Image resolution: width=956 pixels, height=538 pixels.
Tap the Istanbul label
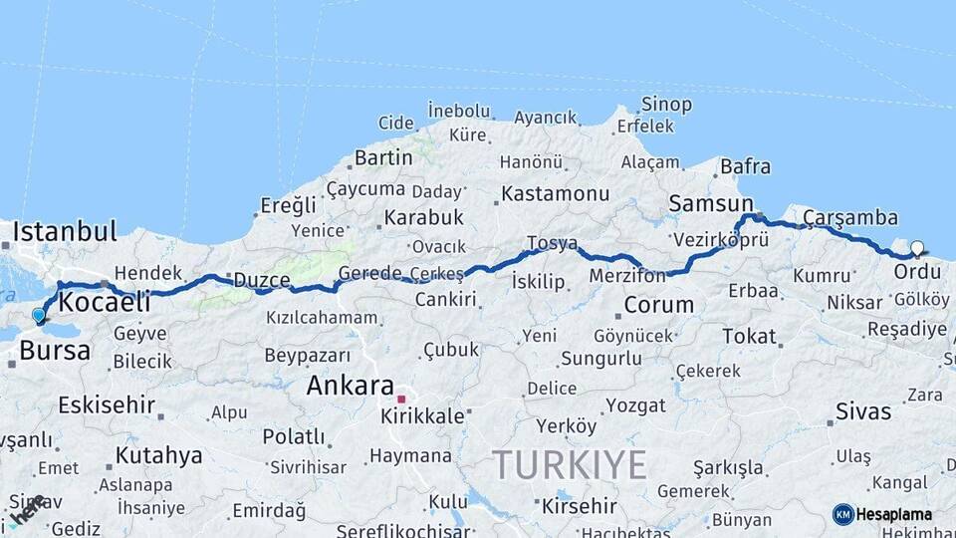(65, 232)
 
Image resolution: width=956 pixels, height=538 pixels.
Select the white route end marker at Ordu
(917, 249)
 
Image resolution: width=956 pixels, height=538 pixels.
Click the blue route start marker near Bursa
(38, 316)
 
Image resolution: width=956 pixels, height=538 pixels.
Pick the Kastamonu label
(555, 193)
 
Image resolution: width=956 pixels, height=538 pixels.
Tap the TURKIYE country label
(570, 464)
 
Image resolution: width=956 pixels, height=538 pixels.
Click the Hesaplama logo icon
(842, 514)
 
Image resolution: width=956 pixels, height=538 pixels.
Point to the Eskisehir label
(107, 404)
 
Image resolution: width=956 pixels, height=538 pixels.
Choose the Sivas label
(863, 409)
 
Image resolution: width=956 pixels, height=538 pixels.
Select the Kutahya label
(158, 456)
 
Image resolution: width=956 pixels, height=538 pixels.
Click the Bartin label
(383, 157)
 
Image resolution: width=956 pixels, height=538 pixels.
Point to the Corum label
(658, 305)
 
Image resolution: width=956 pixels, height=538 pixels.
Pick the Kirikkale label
(422, 415)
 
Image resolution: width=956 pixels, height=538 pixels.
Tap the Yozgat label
(635, 405)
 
